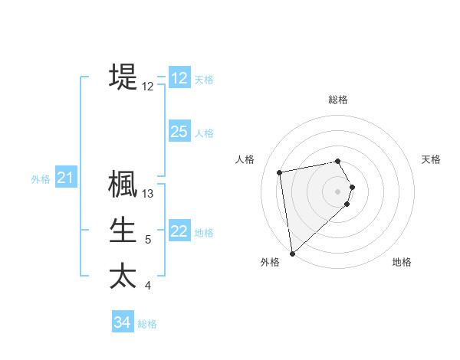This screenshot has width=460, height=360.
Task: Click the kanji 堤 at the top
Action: tap(123, 77)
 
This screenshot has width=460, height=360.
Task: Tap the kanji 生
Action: tap(123, 230)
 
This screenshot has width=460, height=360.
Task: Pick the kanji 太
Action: tap(123, 275)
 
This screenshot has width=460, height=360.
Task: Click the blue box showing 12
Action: tap(179, 78)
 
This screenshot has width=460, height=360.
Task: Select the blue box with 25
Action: tap(179, 132)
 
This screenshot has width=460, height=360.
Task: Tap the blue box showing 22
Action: tap(179, 231)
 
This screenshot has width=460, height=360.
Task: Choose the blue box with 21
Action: tap(65, 178)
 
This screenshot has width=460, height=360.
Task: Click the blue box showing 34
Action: tap(122, 322)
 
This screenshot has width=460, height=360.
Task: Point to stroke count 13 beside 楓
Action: tap(149, 194)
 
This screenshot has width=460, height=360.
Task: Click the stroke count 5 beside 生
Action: tap(148, 240)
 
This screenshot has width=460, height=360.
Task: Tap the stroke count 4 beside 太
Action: tap(148, 286)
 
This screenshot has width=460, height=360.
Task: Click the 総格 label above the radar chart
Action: tap(338, 100)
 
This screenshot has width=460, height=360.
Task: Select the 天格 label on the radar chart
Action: tap(432, 159)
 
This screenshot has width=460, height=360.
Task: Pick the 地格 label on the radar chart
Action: tap(402, 262)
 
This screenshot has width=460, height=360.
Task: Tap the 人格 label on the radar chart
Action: tap(245, 159)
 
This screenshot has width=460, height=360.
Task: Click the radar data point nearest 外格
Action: tap(292, 253)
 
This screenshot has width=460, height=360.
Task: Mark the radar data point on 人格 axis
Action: tap(280, 172)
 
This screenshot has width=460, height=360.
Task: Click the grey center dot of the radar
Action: tap(338, 191)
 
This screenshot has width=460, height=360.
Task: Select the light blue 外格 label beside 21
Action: tap(41, 179)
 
